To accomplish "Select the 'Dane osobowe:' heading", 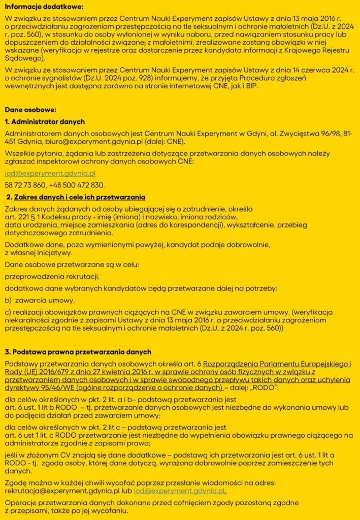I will click(x=30, y=110).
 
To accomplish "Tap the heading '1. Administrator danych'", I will click(x=45, y=122).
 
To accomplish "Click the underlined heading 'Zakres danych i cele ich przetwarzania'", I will click(x=80, y=197).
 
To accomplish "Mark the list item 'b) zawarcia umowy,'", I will click(x=40, y=300).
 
